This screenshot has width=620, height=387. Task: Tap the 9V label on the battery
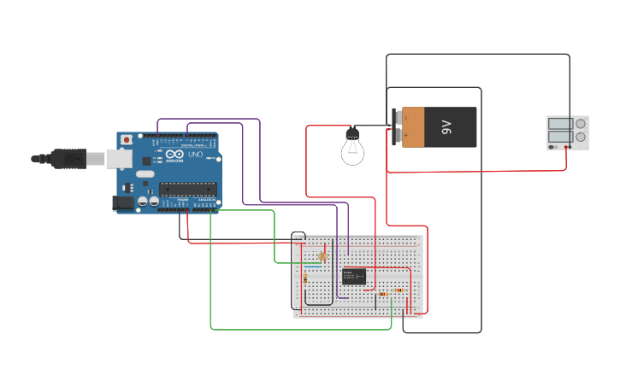click(446, 127)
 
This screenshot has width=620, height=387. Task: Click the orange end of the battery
click(412, 127)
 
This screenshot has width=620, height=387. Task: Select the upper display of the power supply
click(560, 123)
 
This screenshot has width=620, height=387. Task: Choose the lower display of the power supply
click(560, 137)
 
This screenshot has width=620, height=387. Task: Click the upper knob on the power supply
click(582, 123)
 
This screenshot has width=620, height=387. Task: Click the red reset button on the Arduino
click(127, 139)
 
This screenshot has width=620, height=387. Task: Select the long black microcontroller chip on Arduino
click(187, 189)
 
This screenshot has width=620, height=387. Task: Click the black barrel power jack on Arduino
click(124, 203)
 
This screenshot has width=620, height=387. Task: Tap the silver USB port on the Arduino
click(118, 158)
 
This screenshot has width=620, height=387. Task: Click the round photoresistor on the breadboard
click(322, 256)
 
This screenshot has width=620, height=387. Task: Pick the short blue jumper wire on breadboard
click(313, 266)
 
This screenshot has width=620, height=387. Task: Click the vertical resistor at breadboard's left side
click(305, 279)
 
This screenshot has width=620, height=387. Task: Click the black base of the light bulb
click(352, 134)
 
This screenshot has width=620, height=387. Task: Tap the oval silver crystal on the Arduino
click(145, 173)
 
